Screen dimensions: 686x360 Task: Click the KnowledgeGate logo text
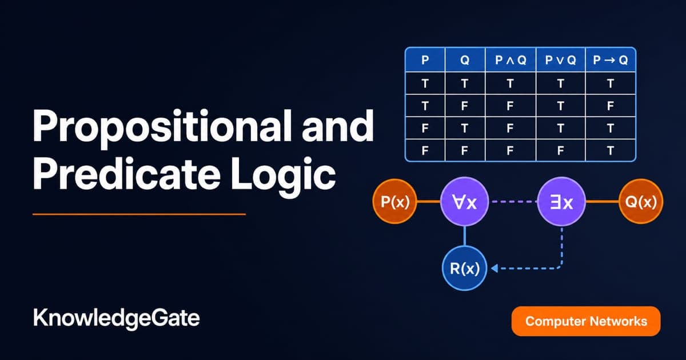117,319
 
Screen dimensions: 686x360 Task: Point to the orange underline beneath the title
139,214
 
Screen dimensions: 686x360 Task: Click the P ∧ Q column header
510,60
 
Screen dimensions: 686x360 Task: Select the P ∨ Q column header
560,60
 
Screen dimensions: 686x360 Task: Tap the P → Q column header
611,60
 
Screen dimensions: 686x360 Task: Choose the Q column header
465,60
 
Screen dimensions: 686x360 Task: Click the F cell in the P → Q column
611,106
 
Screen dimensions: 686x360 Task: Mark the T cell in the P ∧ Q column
510,83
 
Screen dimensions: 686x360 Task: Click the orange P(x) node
395,201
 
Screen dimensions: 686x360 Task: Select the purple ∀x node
465,201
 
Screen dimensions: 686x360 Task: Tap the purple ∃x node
561,201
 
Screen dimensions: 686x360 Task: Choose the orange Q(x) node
641,201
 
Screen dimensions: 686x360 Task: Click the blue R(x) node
465,268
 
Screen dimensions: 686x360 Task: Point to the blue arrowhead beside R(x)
494,269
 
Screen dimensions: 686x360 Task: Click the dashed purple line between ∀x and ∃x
513,202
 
